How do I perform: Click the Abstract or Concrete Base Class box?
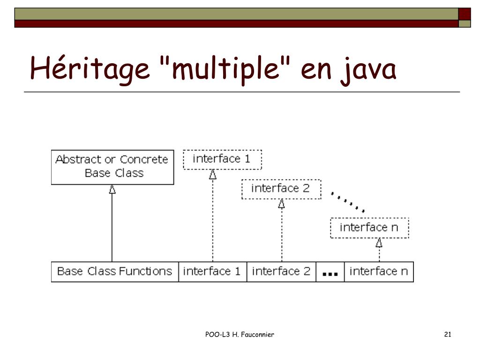tap(112, 166)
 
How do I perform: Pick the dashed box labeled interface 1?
tap(222, 159)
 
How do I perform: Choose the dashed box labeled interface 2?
tap(281, 189)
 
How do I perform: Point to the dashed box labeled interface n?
tap(369, 228)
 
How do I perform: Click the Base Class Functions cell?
tap(114, 271)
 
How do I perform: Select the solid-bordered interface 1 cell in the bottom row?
tap(212, 271)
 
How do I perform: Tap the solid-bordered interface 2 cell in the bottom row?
tap(281, 271)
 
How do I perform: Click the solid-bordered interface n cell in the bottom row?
tap(379, 271)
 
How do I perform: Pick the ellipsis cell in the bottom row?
tap(330, 272)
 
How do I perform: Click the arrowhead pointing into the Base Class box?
tap(112, 189)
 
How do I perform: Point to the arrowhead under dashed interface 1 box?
tap(212, 174)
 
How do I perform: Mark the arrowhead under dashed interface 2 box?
tap(281, 204)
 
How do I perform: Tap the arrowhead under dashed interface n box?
tap(379, 243)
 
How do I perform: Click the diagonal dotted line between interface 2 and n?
tap(347, 202)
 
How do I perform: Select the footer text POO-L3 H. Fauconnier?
tap(240, 334)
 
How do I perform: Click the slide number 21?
tap(447, 334)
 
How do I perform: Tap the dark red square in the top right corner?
tap(464, 14)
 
